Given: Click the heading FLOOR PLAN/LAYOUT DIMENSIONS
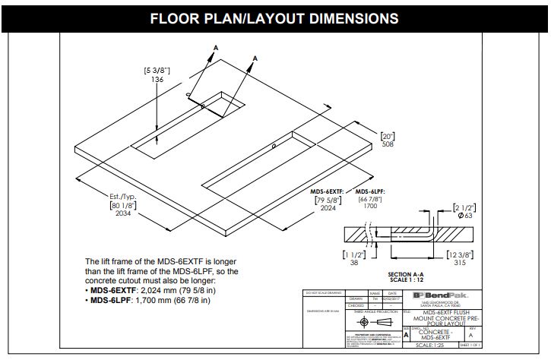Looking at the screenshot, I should point(274,17).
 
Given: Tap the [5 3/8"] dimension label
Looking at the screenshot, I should point(157,71).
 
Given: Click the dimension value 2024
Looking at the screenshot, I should point(330,208).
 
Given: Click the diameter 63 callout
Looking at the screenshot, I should point(464,216).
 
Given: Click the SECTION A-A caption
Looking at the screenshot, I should point(409,274).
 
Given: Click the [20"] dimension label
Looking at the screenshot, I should point(388,134).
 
